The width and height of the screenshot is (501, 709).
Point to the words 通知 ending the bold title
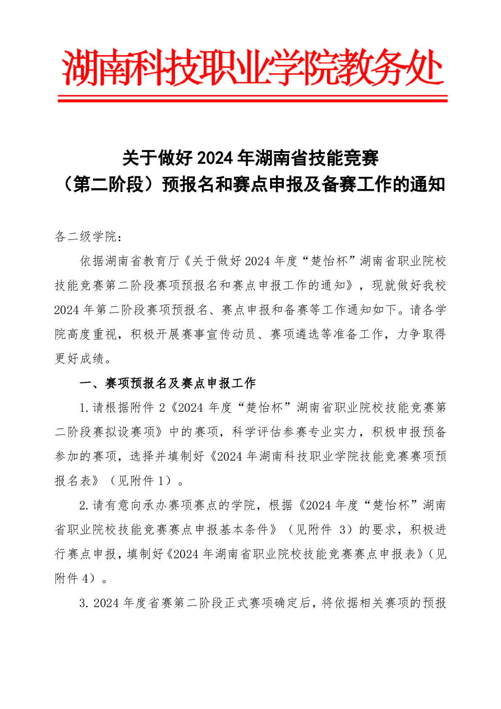tap(428, 184)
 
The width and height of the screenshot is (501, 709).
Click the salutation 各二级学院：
tap(88, 237)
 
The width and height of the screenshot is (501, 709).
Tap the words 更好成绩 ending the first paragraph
tap(80, 359)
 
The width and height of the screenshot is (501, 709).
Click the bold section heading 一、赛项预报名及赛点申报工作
tap(168, 383)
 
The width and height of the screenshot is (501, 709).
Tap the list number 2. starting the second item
tap(84, 505)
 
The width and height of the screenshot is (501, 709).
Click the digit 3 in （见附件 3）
tap(343, 530)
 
